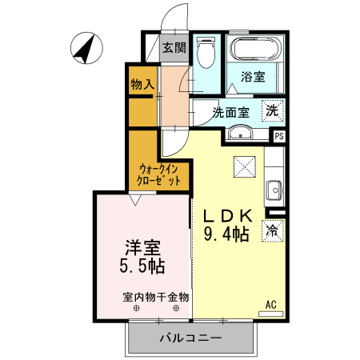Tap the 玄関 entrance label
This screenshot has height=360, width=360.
pos(174,48)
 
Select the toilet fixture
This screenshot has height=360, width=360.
pos(206,54)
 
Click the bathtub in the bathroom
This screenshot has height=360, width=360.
pos(252,50)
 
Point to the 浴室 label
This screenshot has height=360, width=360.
pos(254,78)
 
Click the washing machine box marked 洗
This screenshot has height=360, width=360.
pos(273,112)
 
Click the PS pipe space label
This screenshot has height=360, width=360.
pos(278,136)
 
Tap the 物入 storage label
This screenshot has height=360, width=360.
pos(142,83)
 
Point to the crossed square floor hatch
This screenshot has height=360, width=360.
pos(243,167)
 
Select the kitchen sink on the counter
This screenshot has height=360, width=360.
pos(273,191)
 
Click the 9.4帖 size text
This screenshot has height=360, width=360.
pos(226,234)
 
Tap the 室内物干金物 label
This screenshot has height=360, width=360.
pos(156,297)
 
